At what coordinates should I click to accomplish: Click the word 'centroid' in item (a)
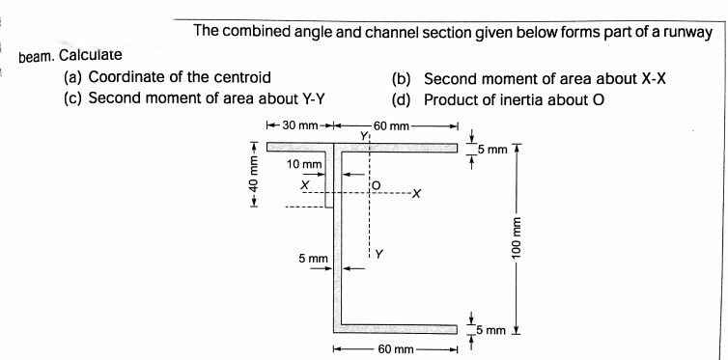pyautogui.click(x=239, y=77)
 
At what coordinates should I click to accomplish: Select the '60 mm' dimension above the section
pyautogui.click(x=393, y=126)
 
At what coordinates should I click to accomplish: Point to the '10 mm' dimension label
pyautogui.click(x=305, y=165)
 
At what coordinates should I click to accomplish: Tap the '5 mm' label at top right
pyautogui.click(x=494, y=151)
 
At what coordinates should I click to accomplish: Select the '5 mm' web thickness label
pyautogui.click(x=313, y=259)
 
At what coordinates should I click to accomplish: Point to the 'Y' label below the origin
pyautogui.click(x=379, y=255)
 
